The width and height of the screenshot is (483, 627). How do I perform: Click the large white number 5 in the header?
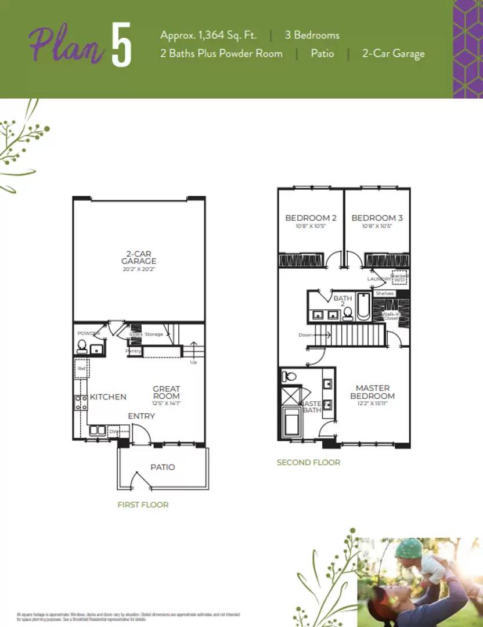tap(121, 45)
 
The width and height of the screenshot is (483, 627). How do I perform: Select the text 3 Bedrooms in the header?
tap(312, 35)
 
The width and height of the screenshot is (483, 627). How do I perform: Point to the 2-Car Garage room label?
tap(139, 257)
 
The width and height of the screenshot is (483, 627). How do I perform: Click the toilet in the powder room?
tap(82, 347)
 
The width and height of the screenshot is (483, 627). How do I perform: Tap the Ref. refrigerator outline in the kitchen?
tap(80, 369)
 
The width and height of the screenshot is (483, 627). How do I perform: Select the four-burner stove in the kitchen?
tap(80, 402)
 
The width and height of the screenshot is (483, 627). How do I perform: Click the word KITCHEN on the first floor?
tap(108, 397)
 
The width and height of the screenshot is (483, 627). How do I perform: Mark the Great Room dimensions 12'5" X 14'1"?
tap(167, 403)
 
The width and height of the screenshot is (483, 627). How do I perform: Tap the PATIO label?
tap(163, 467)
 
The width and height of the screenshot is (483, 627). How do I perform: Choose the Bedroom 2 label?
tap(311, 218)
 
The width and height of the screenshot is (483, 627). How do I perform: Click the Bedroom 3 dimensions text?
tap(377, 226)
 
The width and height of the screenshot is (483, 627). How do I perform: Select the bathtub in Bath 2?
tap(363, 307)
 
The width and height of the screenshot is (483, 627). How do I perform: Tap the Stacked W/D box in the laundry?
tap(399, 278)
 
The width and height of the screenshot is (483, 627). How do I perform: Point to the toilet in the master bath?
tap(289, 376)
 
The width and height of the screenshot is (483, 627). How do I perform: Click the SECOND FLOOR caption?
tap(308, 462)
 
